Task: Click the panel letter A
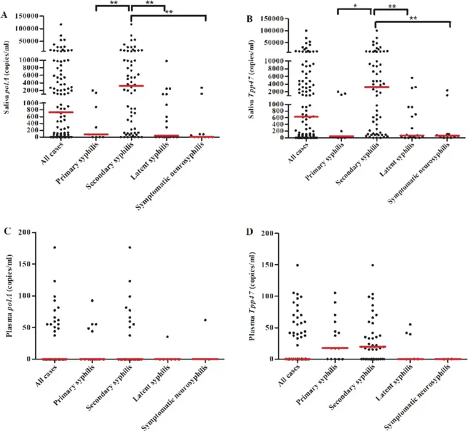[x=4, y=15]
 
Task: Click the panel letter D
[x=250, y=231]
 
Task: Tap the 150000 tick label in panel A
[x=26, y=16]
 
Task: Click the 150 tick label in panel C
[x=25, y=264]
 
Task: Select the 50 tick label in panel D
[x=270, y=328]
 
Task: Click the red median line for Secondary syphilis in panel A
[x=132, y=86]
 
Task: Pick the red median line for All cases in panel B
[x=306, y=116]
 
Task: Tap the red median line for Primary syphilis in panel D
[x=335, y=348]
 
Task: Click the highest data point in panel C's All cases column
[x=55, y=247]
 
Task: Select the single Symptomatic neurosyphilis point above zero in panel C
[x=205, y=320]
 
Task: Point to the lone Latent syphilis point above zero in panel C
[x=167, y=337]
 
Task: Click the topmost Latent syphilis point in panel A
[x=167, y=61]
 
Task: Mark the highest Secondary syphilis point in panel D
[x=373, y=265]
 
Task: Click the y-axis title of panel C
[x=9, y=296]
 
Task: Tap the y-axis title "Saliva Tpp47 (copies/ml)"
[x=252, y=79]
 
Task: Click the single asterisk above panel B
[x=355, y=6]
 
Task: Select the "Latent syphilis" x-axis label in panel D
[x=395, y=382]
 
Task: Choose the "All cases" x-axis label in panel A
[x=52, y=153]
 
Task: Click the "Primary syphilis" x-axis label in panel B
[x=324, y=161]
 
